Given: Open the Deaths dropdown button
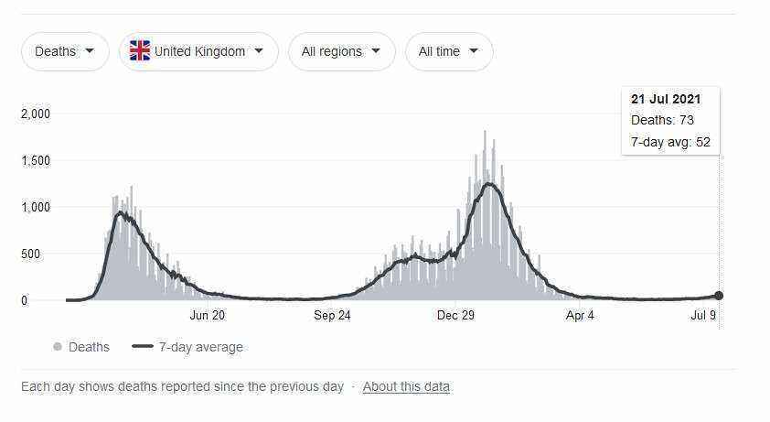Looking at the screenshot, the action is point(65,51).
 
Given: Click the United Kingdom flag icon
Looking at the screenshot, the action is point(140,50).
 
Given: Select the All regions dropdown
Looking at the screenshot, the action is point(341,51).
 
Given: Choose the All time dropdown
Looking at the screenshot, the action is point(448,51).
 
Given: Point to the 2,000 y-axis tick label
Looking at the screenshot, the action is point(36,114).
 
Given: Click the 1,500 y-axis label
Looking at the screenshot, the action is point(36,160).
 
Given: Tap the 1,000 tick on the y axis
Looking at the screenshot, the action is point(36,207).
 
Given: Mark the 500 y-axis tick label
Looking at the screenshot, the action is point(30,254).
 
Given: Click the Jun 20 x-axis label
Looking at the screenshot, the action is point(208,315).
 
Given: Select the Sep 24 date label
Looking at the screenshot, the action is point(333,315).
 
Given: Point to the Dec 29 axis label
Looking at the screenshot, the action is point(455,315).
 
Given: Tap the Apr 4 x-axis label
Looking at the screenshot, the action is point(580,315).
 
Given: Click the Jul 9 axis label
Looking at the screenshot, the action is point(703,315).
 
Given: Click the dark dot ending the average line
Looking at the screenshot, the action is point(719,296).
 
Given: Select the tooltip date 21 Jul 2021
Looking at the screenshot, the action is point(666,99).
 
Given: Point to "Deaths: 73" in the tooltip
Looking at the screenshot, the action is point(662,120).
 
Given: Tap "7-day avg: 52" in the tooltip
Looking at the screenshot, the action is point(671,142).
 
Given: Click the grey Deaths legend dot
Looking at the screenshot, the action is point(58,347).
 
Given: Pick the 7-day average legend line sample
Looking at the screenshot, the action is point(143,346).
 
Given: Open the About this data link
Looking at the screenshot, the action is point(407,387).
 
